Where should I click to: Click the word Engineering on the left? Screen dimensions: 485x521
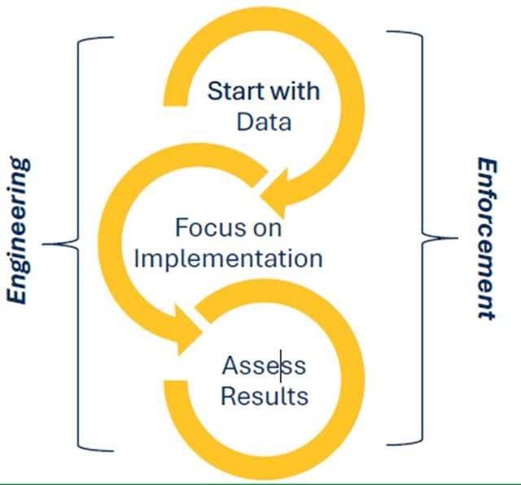click(x=19, y=231)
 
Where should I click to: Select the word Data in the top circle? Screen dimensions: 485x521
click(x=264, y=121)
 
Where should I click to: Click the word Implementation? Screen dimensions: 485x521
click(x=228, y=258)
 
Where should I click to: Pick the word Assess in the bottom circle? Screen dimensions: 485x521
click(x=264, y=366)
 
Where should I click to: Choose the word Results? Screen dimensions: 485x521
click(x=265, y=397)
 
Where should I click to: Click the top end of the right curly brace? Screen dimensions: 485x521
click(x=389, y=33)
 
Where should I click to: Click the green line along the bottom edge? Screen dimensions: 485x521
click(x=260, y=483)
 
